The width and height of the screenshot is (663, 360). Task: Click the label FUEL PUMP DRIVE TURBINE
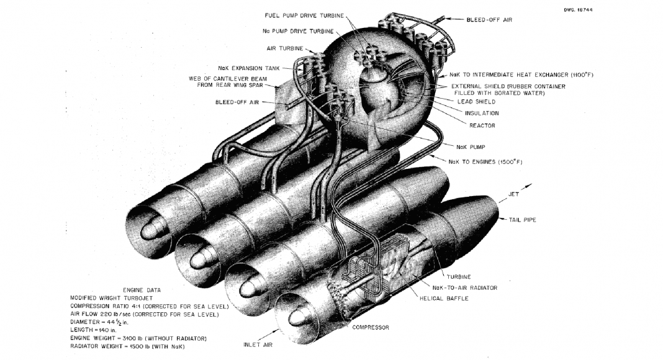304,16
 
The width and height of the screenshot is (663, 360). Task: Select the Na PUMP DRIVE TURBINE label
298,31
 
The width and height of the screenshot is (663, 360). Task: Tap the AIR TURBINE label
284,48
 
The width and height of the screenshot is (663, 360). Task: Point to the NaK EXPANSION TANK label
248,68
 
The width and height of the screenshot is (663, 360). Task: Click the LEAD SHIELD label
476,102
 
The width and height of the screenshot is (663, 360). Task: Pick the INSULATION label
482,113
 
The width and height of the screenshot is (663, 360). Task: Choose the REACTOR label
482,125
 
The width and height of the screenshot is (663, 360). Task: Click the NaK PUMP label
471,147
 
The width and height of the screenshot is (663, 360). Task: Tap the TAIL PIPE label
522,220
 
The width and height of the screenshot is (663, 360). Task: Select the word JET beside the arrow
513,194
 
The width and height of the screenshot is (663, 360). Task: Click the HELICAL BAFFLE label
444,299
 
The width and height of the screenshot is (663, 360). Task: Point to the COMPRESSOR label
371,328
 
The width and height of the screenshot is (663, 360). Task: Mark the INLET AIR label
258,344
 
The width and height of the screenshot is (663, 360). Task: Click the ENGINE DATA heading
142,290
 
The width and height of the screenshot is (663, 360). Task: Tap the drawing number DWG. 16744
578,10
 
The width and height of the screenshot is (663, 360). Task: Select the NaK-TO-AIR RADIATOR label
465,288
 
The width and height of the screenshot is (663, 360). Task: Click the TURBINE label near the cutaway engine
459,277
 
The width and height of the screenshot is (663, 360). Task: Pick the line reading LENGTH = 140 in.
93,330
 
